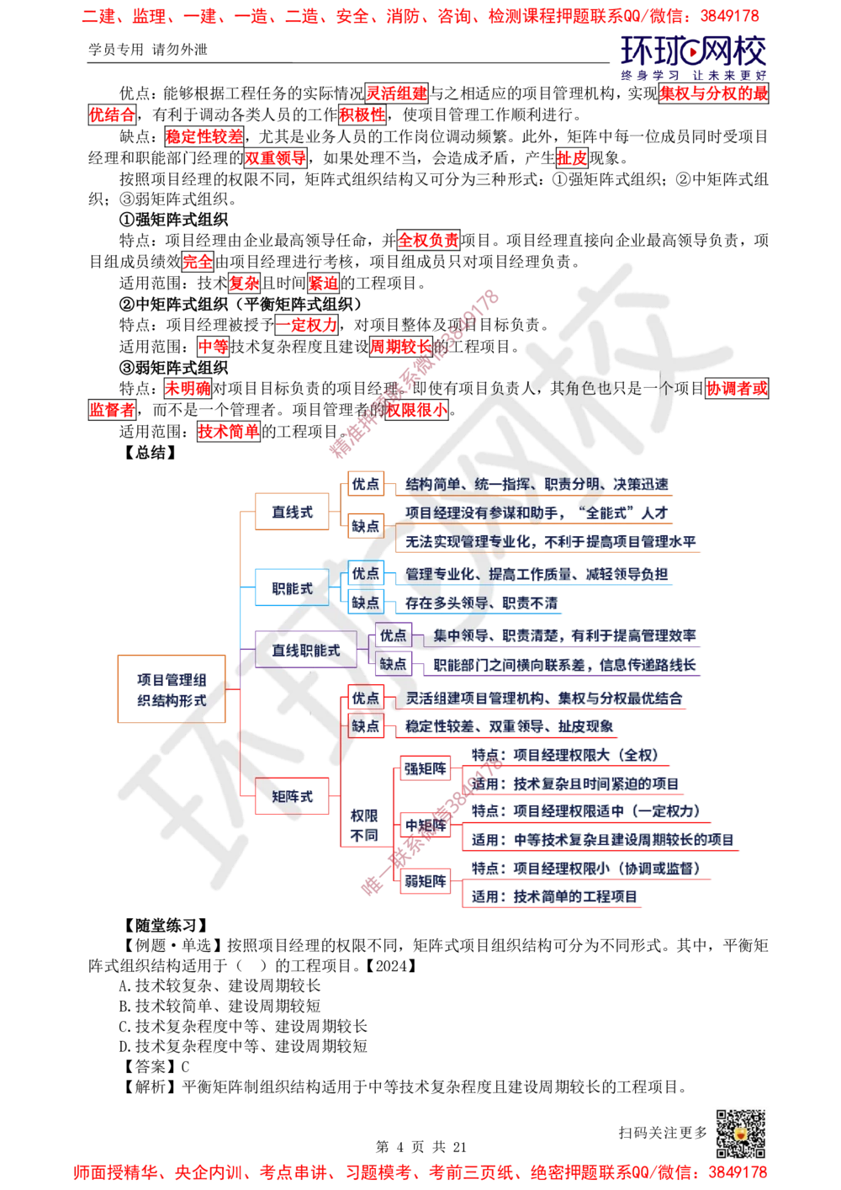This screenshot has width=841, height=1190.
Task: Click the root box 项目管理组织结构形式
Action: tap(171, 689)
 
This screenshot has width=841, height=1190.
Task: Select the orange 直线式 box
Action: tap(291, 512)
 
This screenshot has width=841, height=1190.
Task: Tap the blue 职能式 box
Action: tap(291, 587)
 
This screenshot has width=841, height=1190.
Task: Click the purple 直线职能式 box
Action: tap(305, 650)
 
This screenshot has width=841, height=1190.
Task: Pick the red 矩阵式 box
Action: tap(292, 795)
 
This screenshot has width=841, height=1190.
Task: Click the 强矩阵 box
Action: tap(424, 768)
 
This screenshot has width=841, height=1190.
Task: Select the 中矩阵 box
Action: tap(424, 826)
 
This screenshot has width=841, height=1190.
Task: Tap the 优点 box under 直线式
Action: tap(365, 484)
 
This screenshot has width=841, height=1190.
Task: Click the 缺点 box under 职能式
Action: tap(365, 603)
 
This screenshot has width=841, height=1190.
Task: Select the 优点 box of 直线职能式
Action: tap(393, 635)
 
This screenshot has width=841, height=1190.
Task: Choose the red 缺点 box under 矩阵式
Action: tap(365, 726)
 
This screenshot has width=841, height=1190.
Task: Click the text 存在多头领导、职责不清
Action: tap(481, 603)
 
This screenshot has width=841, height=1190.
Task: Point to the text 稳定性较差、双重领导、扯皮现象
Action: tap(510, 726)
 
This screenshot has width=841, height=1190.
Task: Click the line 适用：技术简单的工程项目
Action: tap(555, 896)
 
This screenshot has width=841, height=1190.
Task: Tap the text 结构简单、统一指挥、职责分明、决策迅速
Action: tap(537, 484)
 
